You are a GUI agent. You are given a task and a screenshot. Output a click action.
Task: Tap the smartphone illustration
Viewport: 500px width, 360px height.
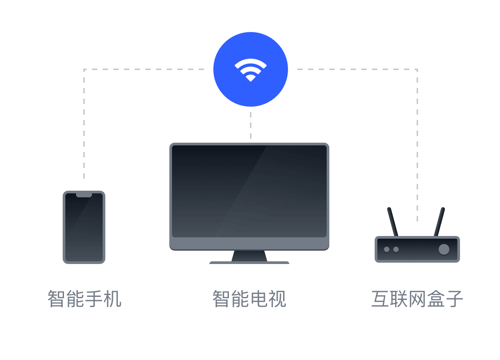[84, 228]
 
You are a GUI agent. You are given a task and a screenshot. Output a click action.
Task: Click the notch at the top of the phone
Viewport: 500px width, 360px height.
[84, 195]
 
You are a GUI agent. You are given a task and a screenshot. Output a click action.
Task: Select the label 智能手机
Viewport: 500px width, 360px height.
[84, 299]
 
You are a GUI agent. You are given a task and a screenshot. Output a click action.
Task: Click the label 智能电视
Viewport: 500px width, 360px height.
[249, 299]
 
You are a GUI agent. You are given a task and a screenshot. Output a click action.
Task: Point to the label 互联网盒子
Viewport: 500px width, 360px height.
[417, 299]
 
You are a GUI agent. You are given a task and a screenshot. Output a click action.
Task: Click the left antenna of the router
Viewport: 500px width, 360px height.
[392, 222]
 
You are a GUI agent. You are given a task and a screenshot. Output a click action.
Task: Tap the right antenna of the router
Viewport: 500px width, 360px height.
[439, 222]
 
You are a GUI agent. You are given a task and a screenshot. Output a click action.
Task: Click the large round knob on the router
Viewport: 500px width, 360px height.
[444, 249]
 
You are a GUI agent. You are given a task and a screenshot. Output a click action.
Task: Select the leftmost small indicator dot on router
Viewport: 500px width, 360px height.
[387, 249]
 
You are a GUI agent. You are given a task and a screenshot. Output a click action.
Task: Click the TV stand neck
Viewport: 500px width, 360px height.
[249, 256]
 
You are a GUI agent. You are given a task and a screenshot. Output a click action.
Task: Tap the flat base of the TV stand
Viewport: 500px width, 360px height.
[249, 263]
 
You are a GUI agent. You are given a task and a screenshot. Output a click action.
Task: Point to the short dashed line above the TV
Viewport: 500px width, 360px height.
[251, 125]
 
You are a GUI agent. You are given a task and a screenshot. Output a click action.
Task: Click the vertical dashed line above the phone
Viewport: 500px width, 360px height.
[84, 124]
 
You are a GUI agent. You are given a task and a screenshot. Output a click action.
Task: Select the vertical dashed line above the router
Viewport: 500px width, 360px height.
[417, 145]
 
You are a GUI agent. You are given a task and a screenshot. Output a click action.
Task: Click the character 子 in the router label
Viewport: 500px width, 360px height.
[454, 299]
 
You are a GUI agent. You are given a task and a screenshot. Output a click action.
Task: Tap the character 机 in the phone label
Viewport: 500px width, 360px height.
[112, 299]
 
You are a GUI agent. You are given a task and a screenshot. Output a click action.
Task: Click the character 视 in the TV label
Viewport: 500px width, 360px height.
[277, 299]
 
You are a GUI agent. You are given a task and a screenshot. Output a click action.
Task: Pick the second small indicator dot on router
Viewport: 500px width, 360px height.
[396, 249]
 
